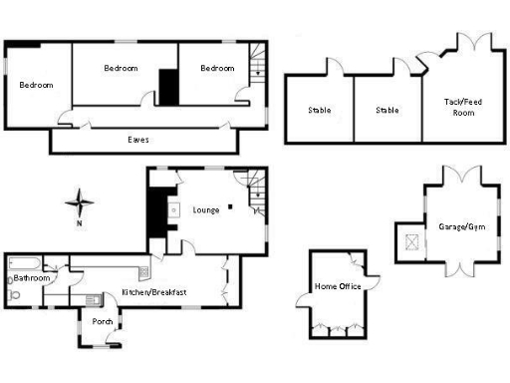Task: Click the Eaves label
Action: tap(138, 140)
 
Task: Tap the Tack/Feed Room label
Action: tap(459, 107)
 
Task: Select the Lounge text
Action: tap(206, 209)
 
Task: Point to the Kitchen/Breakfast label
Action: tap(154, 291)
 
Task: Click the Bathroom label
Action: tap(31, 278)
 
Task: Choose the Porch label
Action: tap(102, 321)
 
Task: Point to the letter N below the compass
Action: tap(79, 223)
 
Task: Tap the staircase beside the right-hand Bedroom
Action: tap(258, 63)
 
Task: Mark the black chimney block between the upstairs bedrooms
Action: tap(168, 86)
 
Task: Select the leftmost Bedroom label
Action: tap(36, 85)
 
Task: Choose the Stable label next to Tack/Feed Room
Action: tap(387, 110)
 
